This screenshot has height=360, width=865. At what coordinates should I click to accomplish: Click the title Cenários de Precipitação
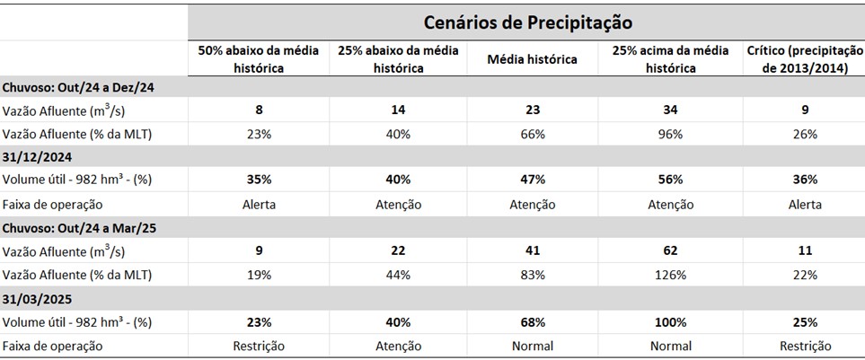(x=527, y=21)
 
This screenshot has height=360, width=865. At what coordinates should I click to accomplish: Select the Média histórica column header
(x=532, y=59)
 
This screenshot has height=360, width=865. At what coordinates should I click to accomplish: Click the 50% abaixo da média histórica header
(x=259, y=59)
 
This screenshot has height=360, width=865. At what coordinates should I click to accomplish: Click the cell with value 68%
(x=532, y=321)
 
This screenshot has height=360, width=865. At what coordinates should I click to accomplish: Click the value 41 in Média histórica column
(x=532, y=251)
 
